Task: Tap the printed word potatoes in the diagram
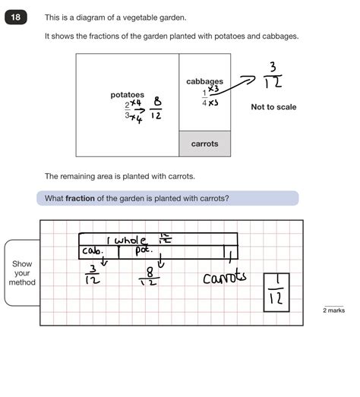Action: pos(127,95)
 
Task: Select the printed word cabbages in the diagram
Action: pos(204,81)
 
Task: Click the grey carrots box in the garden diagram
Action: pos(204,143)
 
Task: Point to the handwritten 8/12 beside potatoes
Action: pos(156,109)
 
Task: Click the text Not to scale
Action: pos(273,107)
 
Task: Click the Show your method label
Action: pos(22,273)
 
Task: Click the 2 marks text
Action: pos(335,310)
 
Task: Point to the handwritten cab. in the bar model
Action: pos(95,250)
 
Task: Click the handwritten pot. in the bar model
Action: pos(144,249)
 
